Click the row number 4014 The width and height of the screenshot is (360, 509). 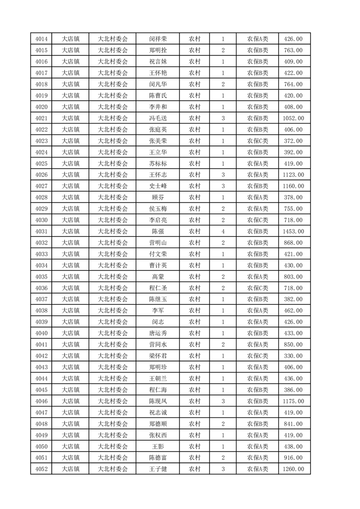pyautogui.click(x=41, y=39)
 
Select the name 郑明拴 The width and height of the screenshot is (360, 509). pyautogui.click(x=158, y=50)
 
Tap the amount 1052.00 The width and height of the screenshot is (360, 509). pyautogui.click(x=293, y=118)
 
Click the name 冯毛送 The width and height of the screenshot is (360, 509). pyautogui.click(x=158, y=118)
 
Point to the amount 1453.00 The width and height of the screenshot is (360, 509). pyautogui.click(x=293, y=231)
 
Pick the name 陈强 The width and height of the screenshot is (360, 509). pyautogui.click(x=158, y=231)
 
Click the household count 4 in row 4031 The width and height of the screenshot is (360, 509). pyautogui.click(x=223, y=231)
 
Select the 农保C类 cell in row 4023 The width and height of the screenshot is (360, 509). pyautogui.click(x=257, y=141)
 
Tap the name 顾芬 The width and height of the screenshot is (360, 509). pyautogui.click(x=158, y=197)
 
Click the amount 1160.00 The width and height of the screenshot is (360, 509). pyautogui.click(x=293, y=186)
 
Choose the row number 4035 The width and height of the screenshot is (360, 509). pyautogui.click(x=41, y=277)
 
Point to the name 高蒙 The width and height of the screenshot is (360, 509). pyautogui.click(x=158, y=277)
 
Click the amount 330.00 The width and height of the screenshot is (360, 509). pyautogui.click(x=293, y=356)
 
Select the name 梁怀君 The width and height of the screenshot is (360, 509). pyautogui.click(x=158, y=356)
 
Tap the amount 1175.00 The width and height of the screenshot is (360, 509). pyautogui.click(x=293, y=401)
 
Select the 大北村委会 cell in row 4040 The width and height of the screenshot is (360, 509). pyautogui.click(x=113, y=333)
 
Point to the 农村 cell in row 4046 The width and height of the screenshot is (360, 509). pyautogui.click(x=194, y=401)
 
